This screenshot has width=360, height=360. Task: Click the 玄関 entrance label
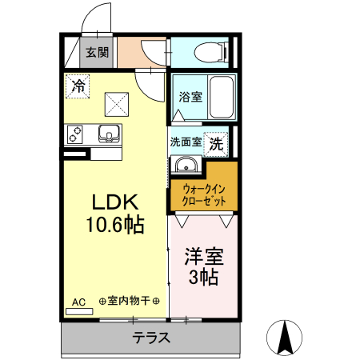click(98, 54)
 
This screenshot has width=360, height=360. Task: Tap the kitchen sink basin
click(109, 133)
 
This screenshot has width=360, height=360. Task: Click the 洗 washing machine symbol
click(217, 144)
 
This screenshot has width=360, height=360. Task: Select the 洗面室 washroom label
click(186, 141)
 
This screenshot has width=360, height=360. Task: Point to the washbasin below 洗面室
click(186, 166)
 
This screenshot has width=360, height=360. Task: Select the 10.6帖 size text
click(116, 225)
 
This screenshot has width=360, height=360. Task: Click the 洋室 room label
click(203, 258)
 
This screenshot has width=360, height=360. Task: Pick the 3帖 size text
click(203, 278)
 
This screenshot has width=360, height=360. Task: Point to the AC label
click(78, 302)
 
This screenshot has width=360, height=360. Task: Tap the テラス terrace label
click(151, 338)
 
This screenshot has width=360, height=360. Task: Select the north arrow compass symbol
click(285, 336)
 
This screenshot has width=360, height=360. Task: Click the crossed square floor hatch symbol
click(118, 102)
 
